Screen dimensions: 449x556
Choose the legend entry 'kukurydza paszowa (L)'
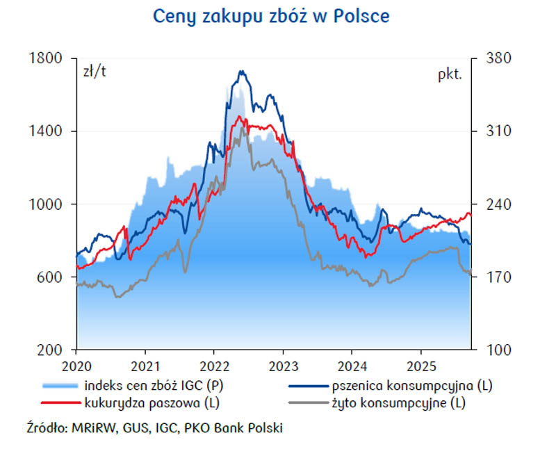[x=153, y=402]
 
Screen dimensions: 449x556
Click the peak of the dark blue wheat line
[x=241, y=71]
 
